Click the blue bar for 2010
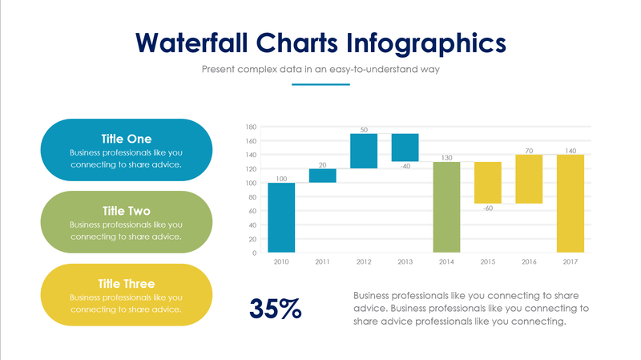pos(281,217)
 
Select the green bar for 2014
pos(445,207)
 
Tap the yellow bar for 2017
pos(570,204)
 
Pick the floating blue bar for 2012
pos(363,151)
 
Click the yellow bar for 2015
pos(487,183)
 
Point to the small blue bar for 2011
pos(322,176)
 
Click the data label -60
pos(487,209)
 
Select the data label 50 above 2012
pos(364,129)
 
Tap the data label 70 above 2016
pos(529,150)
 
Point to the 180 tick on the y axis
pos(251,127)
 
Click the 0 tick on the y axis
pos(253,253)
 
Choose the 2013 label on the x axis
pos(405,262)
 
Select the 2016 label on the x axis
pos(529,262)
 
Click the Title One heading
pos(126,138)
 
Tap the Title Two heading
pos(126,211)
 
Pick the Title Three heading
pos(126,283)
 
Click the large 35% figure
pos(275,308)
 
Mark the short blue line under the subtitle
pos(320,83)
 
